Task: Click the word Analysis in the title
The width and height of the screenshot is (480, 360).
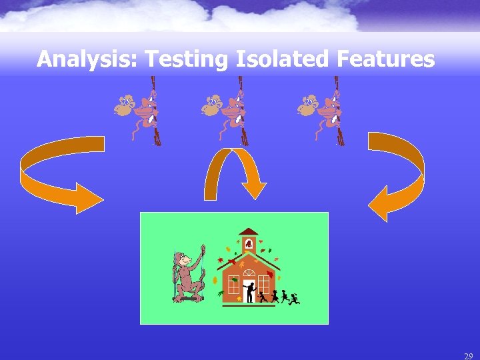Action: point(86,60)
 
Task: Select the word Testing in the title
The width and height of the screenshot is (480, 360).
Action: point(187,60)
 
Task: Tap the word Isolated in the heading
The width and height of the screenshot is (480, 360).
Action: point(283,59)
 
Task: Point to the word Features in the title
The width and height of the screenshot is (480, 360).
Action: point(386,59)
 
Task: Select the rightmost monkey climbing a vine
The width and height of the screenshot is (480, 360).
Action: point(324,110)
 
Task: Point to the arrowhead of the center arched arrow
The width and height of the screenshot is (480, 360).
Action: point(253,187)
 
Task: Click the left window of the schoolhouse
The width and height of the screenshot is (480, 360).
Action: point(233,285)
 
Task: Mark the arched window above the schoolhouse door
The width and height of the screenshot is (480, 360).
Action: point(249,273)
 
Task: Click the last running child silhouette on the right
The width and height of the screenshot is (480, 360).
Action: point(294,298)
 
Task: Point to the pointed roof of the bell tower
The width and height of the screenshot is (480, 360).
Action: point(249,231)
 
